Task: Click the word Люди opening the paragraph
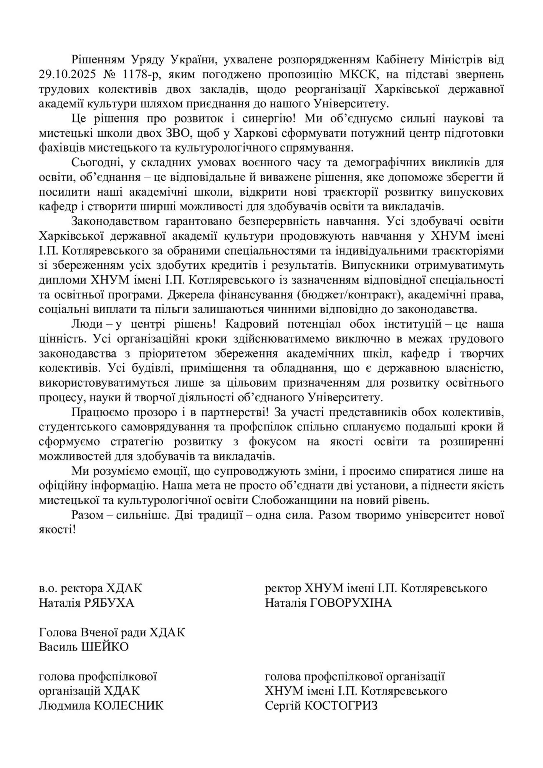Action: click(x=87, y=324)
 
